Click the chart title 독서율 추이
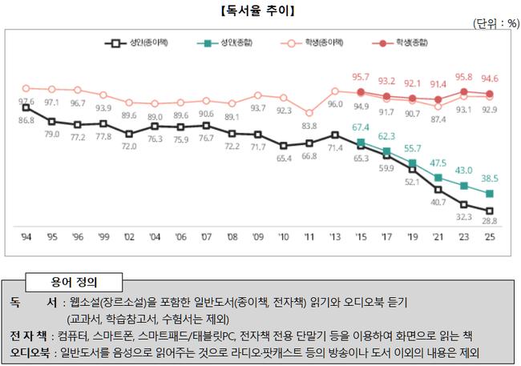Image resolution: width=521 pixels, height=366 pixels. [x=260, y=10]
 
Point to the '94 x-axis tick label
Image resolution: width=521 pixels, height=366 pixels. [x=26, y=236]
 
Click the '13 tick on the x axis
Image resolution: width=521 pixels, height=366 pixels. [x=335, y=236]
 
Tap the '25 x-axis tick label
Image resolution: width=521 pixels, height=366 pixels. [x=490, y=236]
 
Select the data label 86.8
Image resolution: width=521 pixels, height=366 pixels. [x=26, y=119]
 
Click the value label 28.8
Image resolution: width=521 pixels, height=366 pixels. [x=490, y=220]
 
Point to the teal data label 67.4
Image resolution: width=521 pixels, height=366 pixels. [x=361, y=127]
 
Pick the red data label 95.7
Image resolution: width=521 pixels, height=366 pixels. [x=361, y=77]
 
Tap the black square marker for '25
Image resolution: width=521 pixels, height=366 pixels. [x=490, y=210]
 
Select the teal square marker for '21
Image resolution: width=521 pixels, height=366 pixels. [x=438, y=177]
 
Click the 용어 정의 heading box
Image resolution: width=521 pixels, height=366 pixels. [x=74, y=282]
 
